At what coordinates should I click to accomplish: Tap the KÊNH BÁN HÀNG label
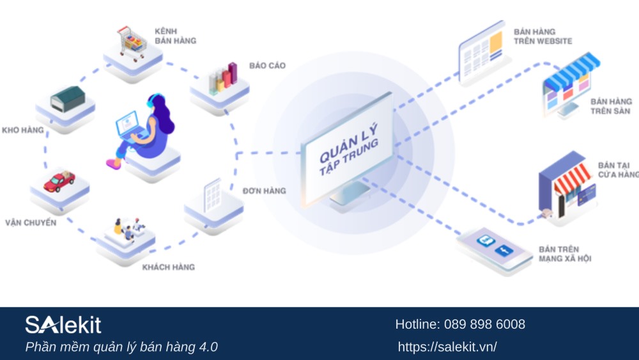click(x=174, y=36)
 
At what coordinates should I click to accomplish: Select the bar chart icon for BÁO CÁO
click(x=222, y=77)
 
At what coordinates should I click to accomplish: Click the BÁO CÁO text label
click(x=267, y=66)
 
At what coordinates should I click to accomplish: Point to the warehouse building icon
click(x=66, y=101)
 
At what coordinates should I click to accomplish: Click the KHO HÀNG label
click(x=23, y=130)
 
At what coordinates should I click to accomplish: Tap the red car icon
click(x=59, y=181)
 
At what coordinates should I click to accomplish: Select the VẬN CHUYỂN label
click(x=31, y=223)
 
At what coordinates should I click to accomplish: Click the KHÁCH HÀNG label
click(x=168, y=267)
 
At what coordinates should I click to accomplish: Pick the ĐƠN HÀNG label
click(x=264, y=191)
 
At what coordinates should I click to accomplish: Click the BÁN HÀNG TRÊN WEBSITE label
click(x=543, y=36)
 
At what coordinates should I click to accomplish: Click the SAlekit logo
click(x=63, y=325)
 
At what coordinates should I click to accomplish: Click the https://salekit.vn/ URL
click(x=447, y=347)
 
